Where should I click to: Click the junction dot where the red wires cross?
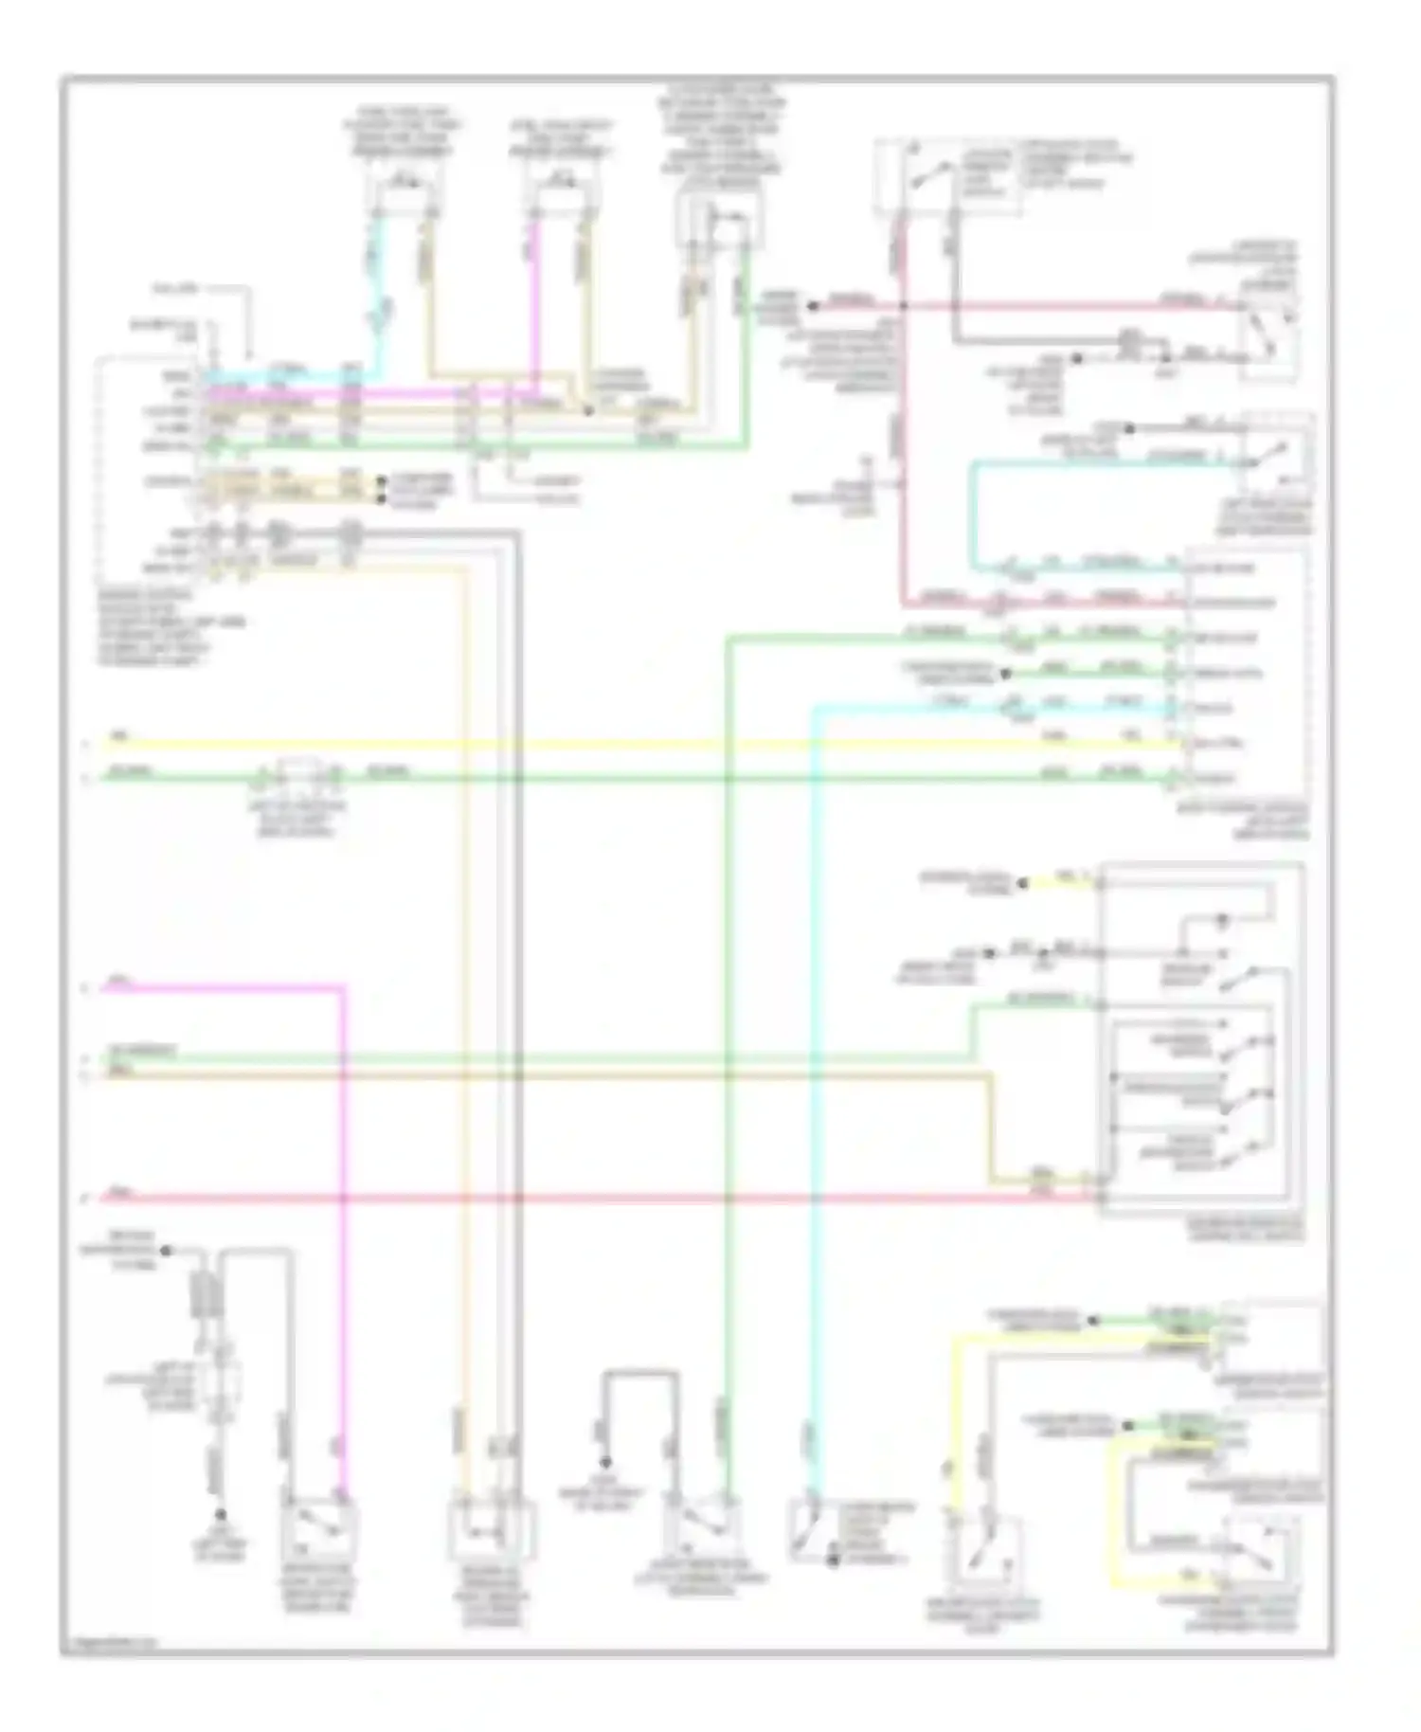[903, 306]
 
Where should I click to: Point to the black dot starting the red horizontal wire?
[812, 306]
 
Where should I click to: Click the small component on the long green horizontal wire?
[297, 777]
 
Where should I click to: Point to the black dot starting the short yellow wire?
[1022, 883]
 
